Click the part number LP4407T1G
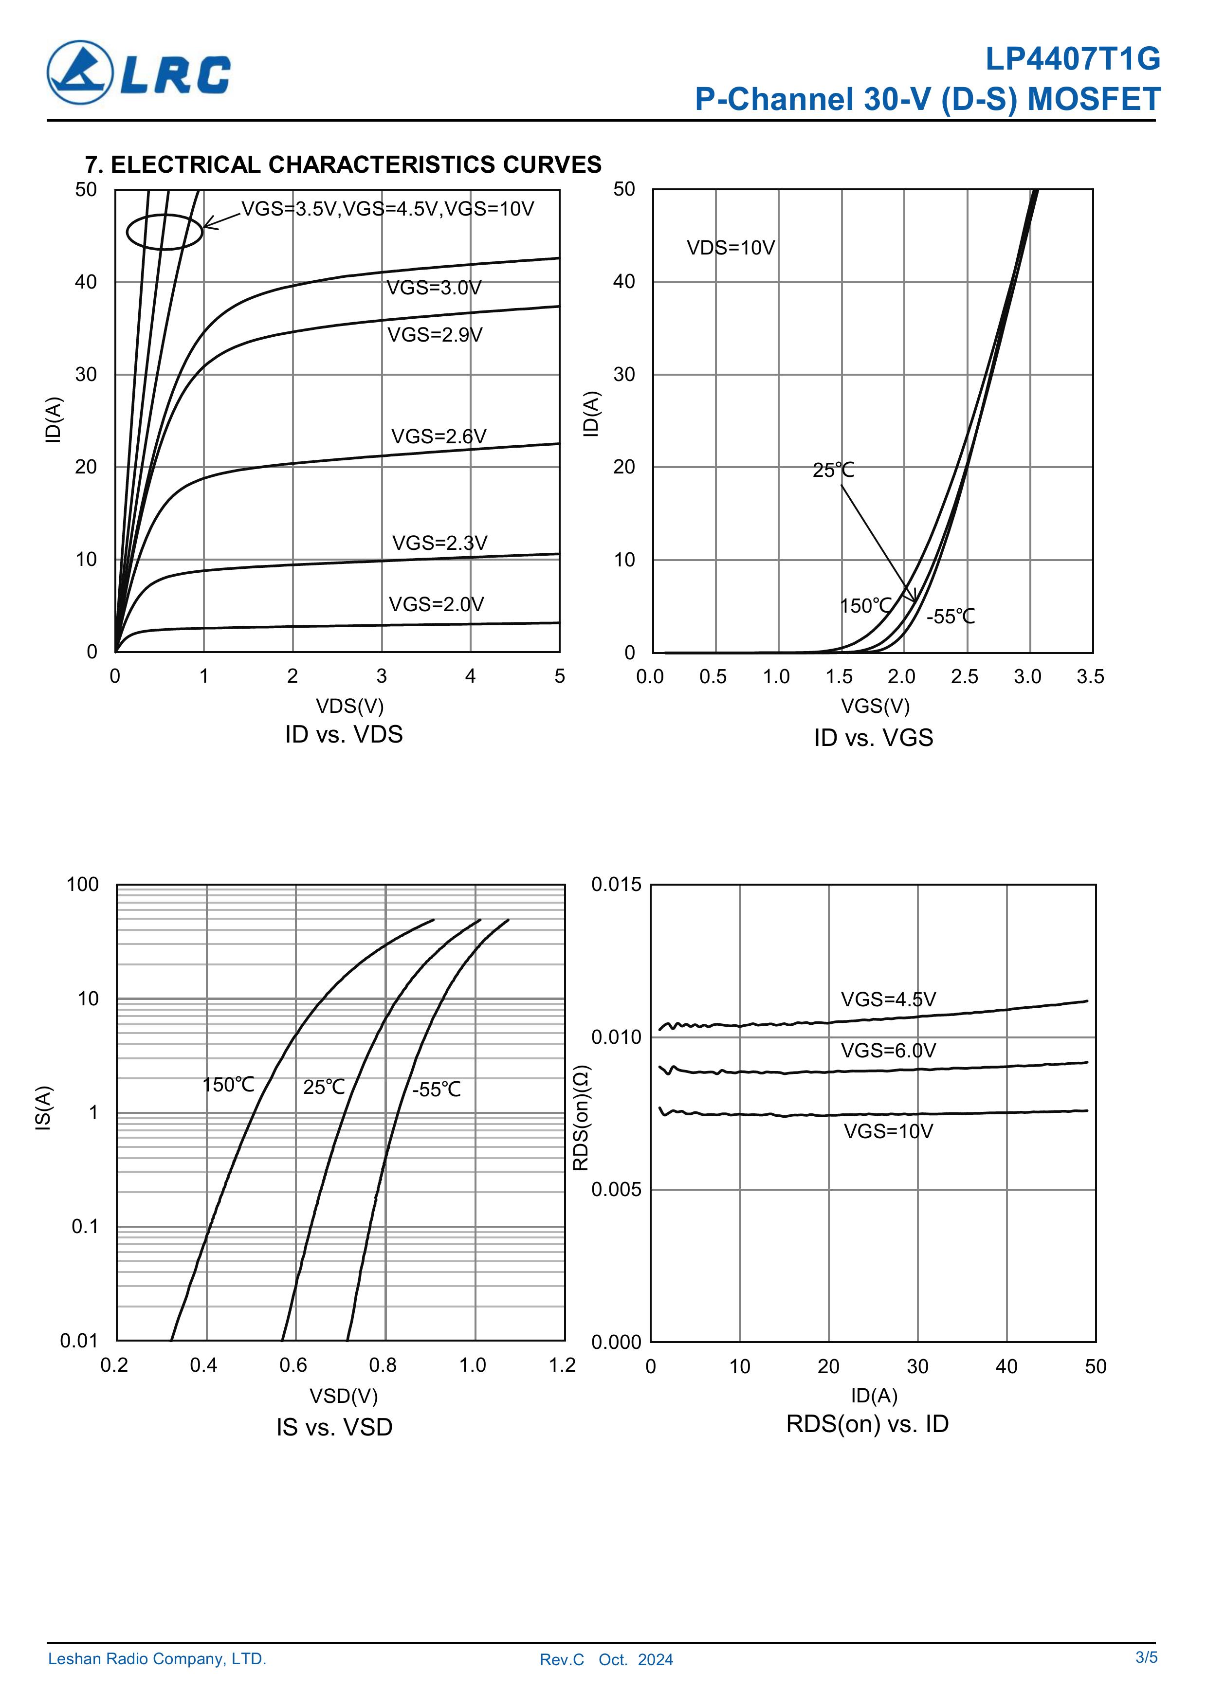1072,59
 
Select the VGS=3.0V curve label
434,288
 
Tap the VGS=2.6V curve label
439,436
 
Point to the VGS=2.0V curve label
437,604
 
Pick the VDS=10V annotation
731,248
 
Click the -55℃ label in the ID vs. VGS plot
951,617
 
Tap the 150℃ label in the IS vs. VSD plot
228,1085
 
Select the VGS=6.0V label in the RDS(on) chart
888,1051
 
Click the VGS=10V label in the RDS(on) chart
888,1131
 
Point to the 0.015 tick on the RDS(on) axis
616,885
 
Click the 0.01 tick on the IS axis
79,1341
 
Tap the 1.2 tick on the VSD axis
562,1365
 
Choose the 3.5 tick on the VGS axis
1090,676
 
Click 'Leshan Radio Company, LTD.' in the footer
157,1659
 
